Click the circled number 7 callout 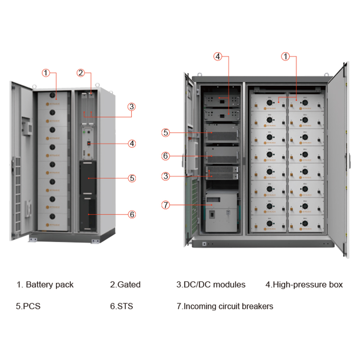[x=166, y=205]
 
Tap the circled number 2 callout [x=81, y=72]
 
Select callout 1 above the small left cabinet [x=46, y=72]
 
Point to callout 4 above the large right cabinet [x=218, y=56]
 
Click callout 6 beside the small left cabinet [x=132, y=214]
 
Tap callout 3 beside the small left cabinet [x=131, y=107]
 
